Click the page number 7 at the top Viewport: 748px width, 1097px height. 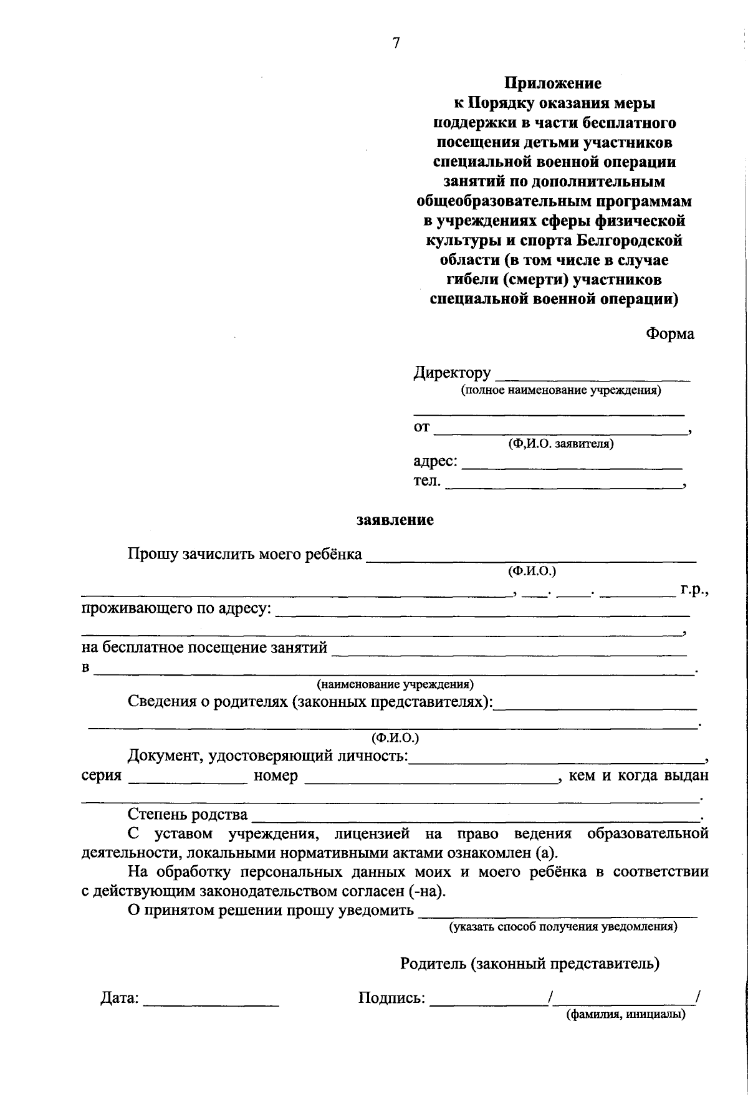point(395,43)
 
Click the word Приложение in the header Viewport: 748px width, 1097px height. point(553,83)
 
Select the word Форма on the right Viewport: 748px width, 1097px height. point(669,334)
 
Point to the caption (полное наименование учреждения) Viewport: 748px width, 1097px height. point(560,391)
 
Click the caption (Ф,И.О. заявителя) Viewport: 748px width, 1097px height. point(560,444)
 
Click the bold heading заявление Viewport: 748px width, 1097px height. point(395,520)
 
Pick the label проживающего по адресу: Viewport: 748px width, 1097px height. point(176,608)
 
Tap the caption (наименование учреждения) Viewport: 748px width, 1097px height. point(395,684)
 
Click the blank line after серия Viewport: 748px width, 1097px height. point(188,780)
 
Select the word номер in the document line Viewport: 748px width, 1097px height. point(276,777)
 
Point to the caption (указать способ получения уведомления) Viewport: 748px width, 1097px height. point(563,927)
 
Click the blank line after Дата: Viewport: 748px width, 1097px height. point(211,1003)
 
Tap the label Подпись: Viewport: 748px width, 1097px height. point(391,999)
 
